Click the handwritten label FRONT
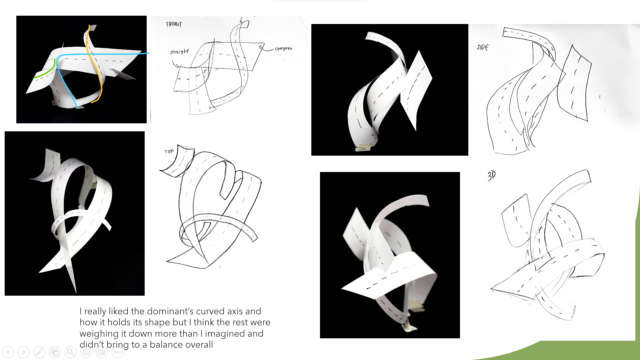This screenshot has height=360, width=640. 174,24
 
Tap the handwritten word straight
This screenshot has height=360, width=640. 179,52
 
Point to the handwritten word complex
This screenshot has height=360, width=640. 283,49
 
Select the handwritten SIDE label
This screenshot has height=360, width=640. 483,47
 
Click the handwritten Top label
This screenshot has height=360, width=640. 169,151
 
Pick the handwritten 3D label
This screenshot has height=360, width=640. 491,175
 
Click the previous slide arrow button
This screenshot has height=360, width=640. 8,352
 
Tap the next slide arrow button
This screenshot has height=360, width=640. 23,352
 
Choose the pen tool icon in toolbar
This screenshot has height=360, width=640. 39,352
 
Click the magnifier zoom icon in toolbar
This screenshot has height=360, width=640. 70,352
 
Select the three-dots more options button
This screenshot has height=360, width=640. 117,352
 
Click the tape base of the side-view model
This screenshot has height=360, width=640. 365,147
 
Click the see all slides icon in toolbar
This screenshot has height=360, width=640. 55,352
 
